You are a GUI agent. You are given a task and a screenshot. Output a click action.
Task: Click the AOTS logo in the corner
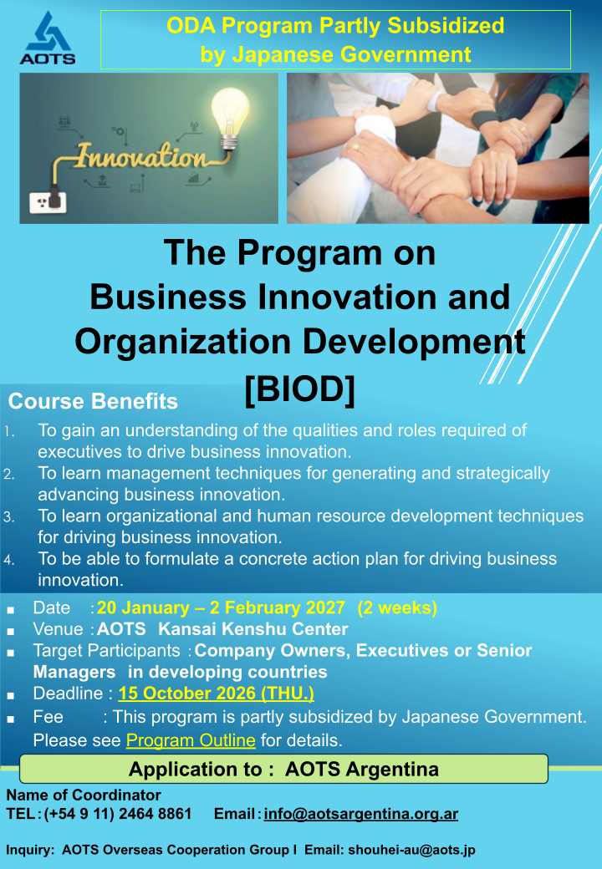(x=48, y=38)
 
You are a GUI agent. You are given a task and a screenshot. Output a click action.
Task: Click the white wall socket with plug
(x=48, y=201)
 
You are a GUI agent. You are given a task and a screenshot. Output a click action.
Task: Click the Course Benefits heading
(x=93, y=401)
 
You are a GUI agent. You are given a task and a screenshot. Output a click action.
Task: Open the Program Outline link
(x=191, y=740)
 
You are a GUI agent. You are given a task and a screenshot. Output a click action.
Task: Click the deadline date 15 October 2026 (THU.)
(x=217, y=694)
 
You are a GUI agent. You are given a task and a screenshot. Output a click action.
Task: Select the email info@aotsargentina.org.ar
(x=361, y=814)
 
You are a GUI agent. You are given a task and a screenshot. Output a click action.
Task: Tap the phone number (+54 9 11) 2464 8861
(x=118, y=814)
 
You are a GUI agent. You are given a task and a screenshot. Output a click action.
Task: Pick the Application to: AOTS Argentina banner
(x=283, y=769)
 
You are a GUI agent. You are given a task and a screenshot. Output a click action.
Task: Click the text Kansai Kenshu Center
(x=253, y=629)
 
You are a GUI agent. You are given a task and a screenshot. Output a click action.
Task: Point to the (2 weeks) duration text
(x=397, y=608)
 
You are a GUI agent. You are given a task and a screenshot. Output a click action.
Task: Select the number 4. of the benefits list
(x=9, y=560)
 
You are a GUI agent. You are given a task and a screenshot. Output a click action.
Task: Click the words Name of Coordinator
(x=84, y=795)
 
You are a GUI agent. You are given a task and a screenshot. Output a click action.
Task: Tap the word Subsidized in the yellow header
(x=446, y=26)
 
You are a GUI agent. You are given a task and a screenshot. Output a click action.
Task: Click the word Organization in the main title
(x=183, y=342)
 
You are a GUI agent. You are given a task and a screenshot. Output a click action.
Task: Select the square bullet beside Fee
(x=11, y=719)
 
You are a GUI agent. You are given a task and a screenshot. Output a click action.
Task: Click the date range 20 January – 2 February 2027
(x=222, y=608)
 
